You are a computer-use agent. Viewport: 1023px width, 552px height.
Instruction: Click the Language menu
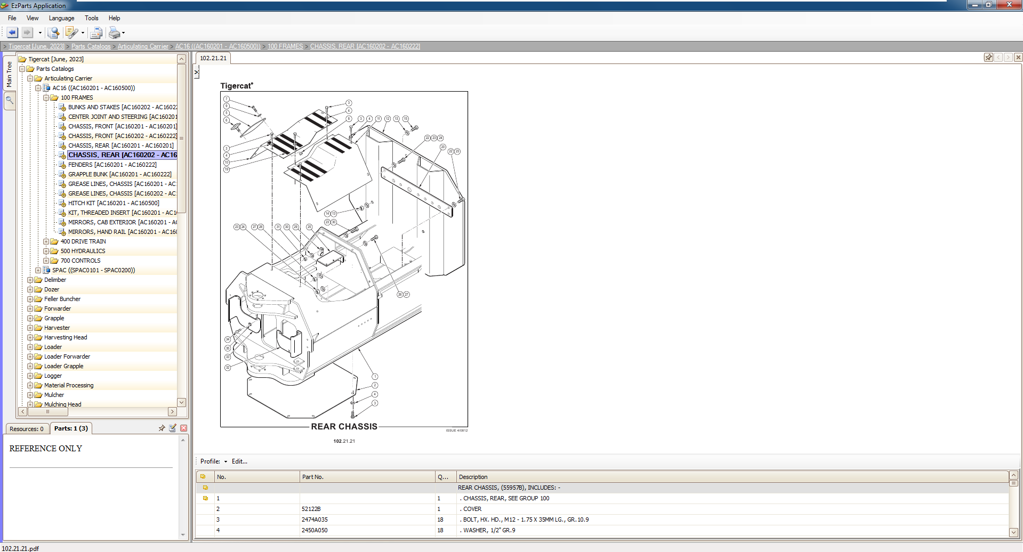pyautogui.click(x=61, y=18)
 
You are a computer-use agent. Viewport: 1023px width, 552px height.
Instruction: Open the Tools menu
pyautogui.click(x=91, y=18)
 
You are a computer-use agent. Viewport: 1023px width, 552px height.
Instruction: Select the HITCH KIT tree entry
pyautogui.click(x=113, y=203)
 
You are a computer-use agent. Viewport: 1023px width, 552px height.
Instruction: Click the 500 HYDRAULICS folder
pyautogui.click(x=83, y=251)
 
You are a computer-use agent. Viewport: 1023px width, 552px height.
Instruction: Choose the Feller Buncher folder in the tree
pyautogui.click(x=62, y=299)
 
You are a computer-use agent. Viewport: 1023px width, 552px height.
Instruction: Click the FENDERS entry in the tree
pyautogui.click(x=112, y=165)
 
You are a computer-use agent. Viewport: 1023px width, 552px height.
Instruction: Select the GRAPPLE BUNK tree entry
pyautogui.click(x=119, y=174)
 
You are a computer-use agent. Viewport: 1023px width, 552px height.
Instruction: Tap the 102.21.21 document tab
pyautogui.click(x=213, y=58)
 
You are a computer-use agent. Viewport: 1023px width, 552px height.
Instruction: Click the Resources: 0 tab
pyautogui.click(x=27, y=429)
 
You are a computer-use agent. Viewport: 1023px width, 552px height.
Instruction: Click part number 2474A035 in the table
pyautogui.click(x=315, y=519)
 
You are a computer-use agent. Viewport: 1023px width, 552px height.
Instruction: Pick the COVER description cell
pyautogui.click(x=472, y=509)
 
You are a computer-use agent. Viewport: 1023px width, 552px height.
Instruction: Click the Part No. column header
pyautogui.click(x=313, y=477)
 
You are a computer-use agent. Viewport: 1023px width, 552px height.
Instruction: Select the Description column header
pyautogui.click(x=473, y=477)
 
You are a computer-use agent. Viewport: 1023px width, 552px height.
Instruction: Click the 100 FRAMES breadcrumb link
pyautogui.click(x=285, y=46)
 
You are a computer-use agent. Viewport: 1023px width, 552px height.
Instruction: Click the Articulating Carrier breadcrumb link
pyautogui.click(x=143, y=46)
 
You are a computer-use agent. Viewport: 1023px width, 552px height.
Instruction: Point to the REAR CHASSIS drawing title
pyautogui.click(x=344, y=427)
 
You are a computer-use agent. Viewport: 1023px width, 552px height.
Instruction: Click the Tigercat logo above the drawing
pyautogui.click(x=236, y=86)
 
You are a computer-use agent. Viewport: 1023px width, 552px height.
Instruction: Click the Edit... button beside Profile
pyautogui.click(x=239, y=461)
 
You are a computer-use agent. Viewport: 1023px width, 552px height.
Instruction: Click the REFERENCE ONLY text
pyautogui.click(x=46, y=449)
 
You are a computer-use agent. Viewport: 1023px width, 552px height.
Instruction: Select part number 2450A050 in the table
pyautogui.click(x=315, y=530)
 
